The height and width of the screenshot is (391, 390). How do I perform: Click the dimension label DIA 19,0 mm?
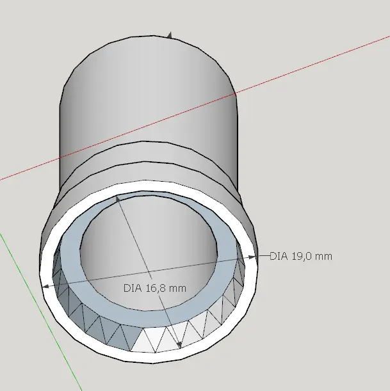pos(301,257)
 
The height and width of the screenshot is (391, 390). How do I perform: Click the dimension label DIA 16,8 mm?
pos(155,288)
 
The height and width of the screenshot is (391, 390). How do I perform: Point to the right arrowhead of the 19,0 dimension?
pos(252,257)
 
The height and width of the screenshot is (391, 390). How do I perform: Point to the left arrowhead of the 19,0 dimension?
pos(46,286)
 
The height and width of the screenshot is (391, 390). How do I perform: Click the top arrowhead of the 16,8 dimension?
pos(118,198)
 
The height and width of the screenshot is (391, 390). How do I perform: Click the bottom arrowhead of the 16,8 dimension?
pos(179,345)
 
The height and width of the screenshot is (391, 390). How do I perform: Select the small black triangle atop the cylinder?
pos(170,36)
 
